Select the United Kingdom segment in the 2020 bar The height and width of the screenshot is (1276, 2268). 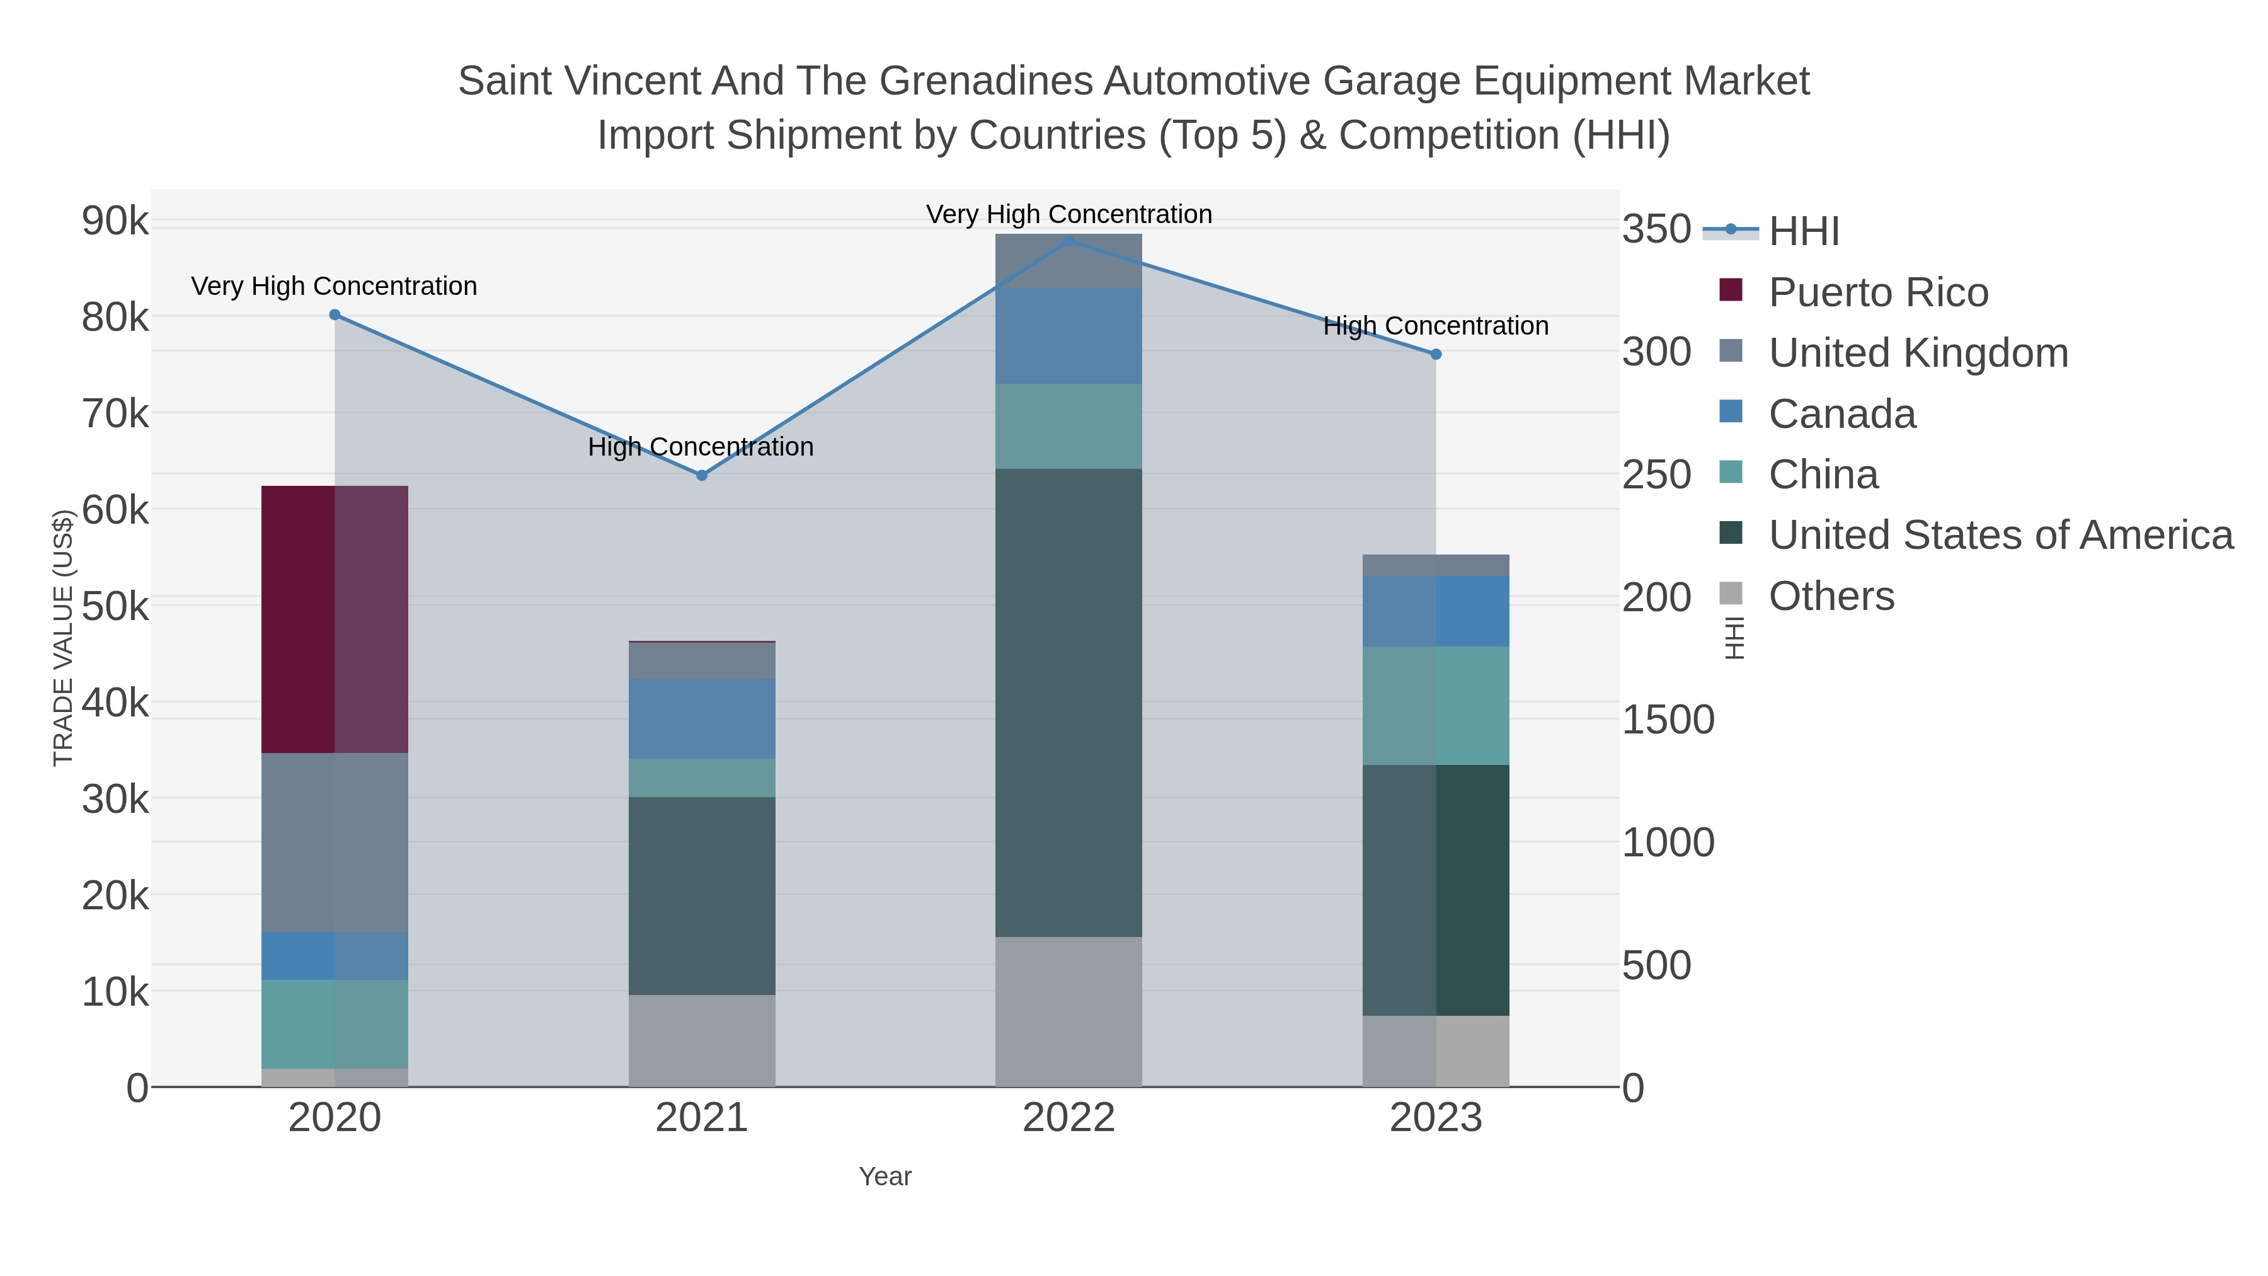[334, 842]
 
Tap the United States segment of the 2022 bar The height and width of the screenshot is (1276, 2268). [1068, 702]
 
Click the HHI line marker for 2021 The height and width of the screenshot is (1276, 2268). [702, 476]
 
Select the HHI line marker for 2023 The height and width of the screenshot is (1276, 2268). [1436, 354]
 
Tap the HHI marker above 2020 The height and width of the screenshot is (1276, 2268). [335, 314]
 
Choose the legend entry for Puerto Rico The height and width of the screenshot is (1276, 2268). [1877, 292]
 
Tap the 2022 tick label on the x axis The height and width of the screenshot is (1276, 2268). [1068, 1117]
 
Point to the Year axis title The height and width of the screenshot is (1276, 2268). [885, 1176]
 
